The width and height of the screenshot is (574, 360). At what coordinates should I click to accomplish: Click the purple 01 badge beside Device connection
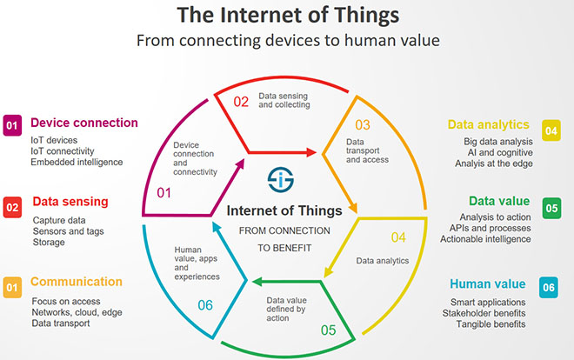12,125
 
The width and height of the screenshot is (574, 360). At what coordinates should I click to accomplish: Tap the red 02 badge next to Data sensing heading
12,208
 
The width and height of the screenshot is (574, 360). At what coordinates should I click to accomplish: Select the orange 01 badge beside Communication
12,288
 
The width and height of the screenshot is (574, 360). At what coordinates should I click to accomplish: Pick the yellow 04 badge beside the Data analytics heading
551,130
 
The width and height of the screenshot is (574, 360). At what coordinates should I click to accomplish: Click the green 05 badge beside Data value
551,208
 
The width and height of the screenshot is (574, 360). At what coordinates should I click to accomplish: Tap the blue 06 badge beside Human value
549,288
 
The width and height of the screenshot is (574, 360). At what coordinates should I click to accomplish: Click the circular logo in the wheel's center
281,179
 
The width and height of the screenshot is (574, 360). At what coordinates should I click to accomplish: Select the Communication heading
77,282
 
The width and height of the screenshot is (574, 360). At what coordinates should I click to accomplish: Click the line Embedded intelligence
77,162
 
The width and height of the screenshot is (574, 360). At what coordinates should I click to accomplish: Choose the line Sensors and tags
69,231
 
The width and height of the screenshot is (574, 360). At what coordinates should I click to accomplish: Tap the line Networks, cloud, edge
77,312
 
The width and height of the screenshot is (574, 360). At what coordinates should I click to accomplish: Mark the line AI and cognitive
500,152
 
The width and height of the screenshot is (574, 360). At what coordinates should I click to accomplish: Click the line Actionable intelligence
485,239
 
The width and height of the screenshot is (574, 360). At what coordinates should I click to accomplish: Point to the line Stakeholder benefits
484,313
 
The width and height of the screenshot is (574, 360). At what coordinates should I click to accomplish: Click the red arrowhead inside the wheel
311,152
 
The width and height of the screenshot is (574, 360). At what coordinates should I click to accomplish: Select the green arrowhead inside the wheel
257,282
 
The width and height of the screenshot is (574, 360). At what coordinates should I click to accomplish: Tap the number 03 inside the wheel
363,125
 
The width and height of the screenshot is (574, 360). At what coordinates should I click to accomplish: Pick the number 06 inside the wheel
205,305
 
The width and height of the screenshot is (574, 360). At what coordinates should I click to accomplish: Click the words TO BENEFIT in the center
284,248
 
